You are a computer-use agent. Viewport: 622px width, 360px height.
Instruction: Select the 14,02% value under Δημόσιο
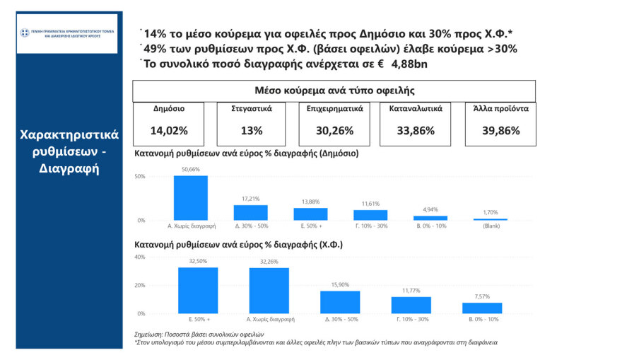(x=168, y=130)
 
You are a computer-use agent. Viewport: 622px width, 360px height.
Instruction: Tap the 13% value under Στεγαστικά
(x=251, y=130)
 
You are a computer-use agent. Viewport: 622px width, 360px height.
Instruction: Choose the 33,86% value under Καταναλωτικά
(x=416, y=130)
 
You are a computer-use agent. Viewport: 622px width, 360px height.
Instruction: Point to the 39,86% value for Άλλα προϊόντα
(x=500, y=130)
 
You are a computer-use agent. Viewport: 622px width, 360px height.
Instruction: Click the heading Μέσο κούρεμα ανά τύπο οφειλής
(x=334, y=91)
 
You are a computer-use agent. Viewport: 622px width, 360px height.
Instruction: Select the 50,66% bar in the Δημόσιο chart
(x=190, y=198)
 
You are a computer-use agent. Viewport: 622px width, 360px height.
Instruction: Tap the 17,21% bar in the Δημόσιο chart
(x=250, y=212)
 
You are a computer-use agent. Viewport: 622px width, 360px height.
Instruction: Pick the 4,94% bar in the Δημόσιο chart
(x=430, y=217)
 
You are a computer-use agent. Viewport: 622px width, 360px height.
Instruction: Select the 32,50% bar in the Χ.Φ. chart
(x=197, y=290)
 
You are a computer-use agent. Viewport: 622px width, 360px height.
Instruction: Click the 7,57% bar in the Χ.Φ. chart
(x=482, y=308)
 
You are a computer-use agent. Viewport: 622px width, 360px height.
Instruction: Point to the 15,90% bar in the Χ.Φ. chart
(x=340, y=302)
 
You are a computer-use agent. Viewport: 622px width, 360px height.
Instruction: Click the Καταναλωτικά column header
(x=416, y=109)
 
